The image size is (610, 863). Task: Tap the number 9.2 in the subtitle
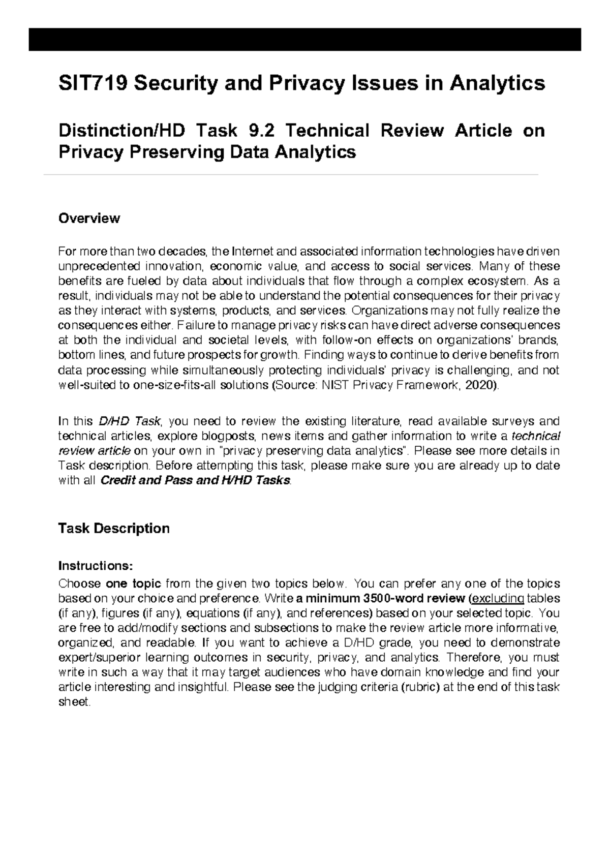point(262,131)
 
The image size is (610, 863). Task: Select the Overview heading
point(89,219)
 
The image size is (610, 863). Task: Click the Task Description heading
point(114,529)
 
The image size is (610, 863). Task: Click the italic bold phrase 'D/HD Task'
point(129,421)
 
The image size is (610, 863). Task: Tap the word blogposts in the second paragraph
point(229,436)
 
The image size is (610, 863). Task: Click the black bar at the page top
point(304,40)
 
